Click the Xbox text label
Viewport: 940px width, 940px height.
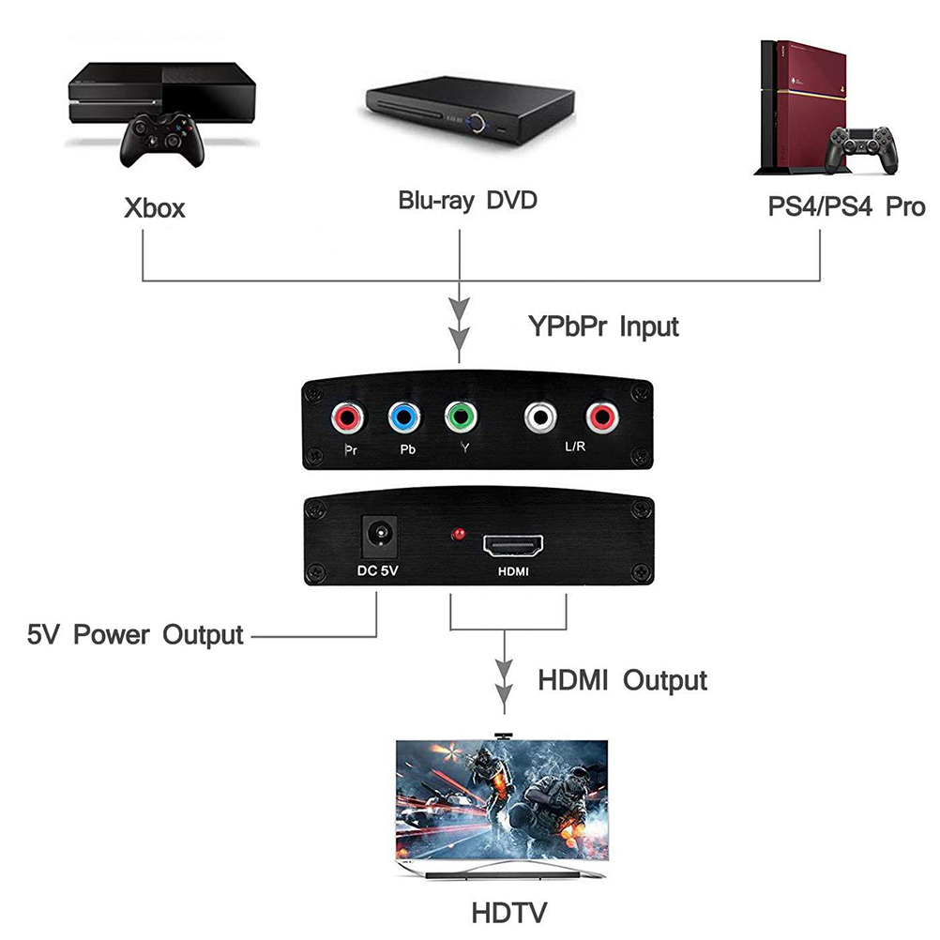point(155,207)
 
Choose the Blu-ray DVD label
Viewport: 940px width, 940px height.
point(467,200)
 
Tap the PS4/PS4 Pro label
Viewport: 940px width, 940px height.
point(846,206)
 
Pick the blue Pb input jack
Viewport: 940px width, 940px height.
point(403,416)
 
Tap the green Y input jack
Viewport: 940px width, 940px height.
point(461,416)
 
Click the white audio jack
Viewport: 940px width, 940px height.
point(542,416)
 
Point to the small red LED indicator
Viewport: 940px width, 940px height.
point(459,536)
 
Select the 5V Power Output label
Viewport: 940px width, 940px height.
point(134,634)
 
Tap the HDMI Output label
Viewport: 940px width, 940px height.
point(622,679)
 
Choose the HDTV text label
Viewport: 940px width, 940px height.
point(509,911)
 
